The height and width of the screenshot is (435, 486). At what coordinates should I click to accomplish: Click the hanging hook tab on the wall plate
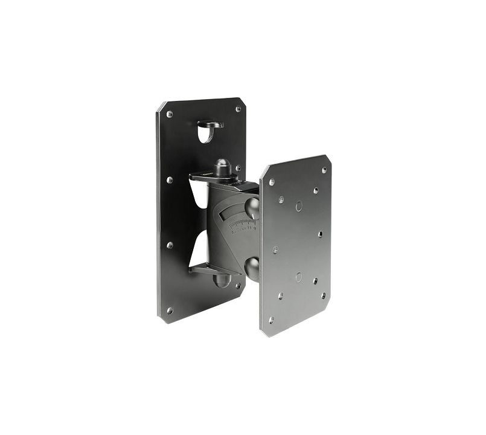[x=209, y=125]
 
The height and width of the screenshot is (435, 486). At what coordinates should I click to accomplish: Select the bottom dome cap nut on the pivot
[x=222, y=280]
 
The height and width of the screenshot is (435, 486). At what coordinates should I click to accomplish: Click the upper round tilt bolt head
[x=252, y=207]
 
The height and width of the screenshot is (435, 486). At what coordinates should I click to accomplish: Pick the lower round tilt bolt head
[x=253, y=268]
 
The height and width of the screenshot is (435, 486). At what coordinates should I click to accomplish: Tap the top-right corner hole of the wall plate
[x=238, y=109]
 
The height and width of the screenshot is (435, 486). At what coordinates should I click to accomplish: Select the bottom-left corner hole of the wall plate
[x=170, y=311]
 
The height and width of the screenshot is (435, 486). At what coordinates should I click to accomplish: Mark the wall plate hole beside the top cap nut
[x=238, y=168]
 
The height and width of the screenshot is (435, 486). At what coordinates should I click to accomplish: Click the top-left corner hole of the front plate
[x=272, y=181]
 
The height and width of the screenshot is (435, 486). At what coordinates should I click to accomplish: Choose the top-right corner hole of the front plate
[x=324, y=170]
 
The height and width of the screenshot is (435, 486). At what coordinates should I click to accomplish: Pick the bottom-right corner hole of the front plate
[x=324, y=295]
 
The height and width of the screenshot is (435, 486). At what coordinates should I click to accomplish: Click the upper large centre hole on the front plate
[x=299, y=206]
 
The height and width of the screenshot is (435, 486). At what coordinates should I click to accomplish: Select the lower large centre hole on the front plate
[x=298, y=277]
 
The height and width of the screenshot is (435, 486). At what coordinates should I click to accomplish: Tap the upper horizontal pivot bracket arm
[x=208, y=177]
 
